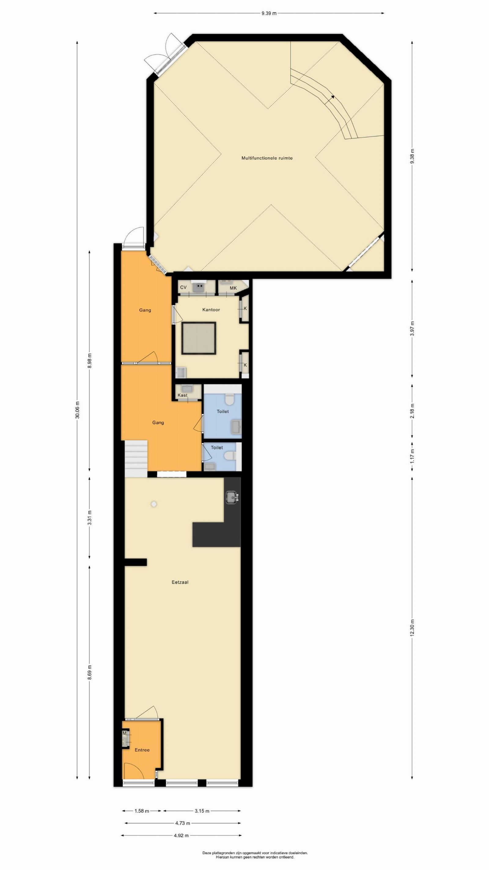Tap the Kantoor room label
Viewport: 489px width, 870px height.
tap(211, 309)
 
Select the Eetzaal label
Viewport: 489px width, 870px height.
tap(180, 582)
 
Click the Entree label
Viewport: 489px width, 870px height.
tap(142, 749)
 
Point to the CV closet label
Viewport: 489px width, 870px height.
tap(183, 287)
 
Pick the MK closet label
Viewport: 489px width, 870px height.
tap(233, 288)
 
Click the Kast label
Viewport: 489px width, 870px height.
tap(182, 395)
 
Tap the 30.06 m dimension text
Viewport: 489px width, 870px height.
tap(77, 410)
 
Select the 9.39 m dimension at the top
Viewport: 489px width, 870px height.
tap(269, 13)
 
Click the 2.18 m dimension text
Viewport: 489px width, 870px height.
tap(412, 411)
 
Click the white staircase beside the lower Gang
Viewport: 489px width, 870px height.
tap(136, 459)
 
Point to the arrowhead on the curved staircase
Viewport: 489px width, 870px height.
tap(333, 97)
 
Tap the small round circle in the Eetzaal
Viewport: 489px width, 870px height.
tap(154, 504)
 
